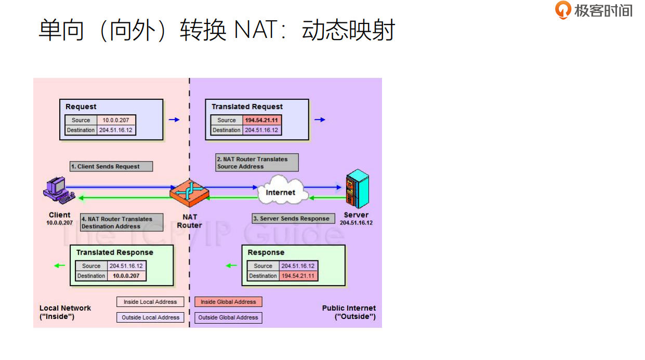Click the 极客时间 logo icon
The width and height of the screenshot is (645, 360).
(563, 10)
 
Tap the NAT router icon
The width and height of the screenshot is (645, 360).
(189, 192)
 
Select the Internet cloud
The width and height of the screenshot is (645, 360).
(280, 191)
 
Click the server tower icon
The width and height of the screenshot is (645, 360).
(357, 189)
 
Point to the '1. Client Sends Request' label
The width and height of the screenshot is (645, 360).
(112, 166)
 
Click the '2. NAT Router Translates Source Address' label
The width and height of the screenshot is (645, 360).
(257, 163)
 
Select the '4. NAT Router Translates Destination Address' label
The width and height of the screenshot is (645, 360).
(122, 222)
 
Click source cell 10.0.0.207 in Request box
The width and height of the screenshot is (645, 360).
(116, 120)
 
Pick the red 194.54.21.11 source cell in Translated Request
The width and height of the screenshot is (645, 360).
(262, 120)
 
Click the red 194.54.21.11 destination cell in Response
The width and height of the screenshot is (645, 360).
(298, 276)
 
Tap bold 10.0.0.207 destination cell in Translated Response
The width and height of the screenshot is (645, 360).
(126, 276)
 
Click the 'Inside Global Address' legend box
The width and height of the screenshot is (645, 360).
(228, 302)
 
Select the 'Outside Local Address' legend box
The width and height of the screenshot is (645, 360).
(150, 317)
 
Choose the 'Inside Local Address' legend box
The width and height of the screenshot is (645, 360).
(150, 302)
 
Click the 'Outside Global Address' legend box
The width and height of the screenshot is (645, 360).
(228, 317)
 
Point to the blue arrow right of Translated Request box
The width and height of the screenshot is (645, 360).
(320, 120)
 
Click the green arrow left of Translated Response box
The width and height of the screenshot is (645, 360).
(59, 265)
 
